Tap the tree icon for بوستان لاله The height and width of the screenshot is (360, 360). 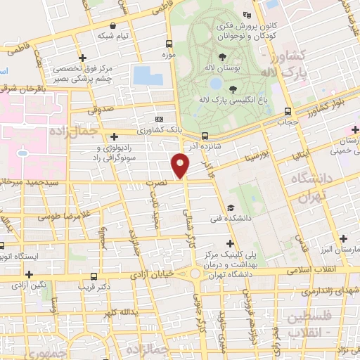(222, 57)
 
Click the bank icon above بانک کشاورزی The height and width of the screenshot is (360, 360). (159, 119)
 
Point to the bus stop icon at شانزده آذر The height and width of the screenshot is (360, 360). (205, 136)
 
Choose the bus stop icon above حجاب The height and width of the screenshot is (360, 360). (288, 111)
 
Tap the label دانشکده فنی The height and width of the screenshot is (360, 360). (226, 219)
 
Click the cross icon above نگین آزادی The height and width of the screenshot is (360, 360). (29, 274)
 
